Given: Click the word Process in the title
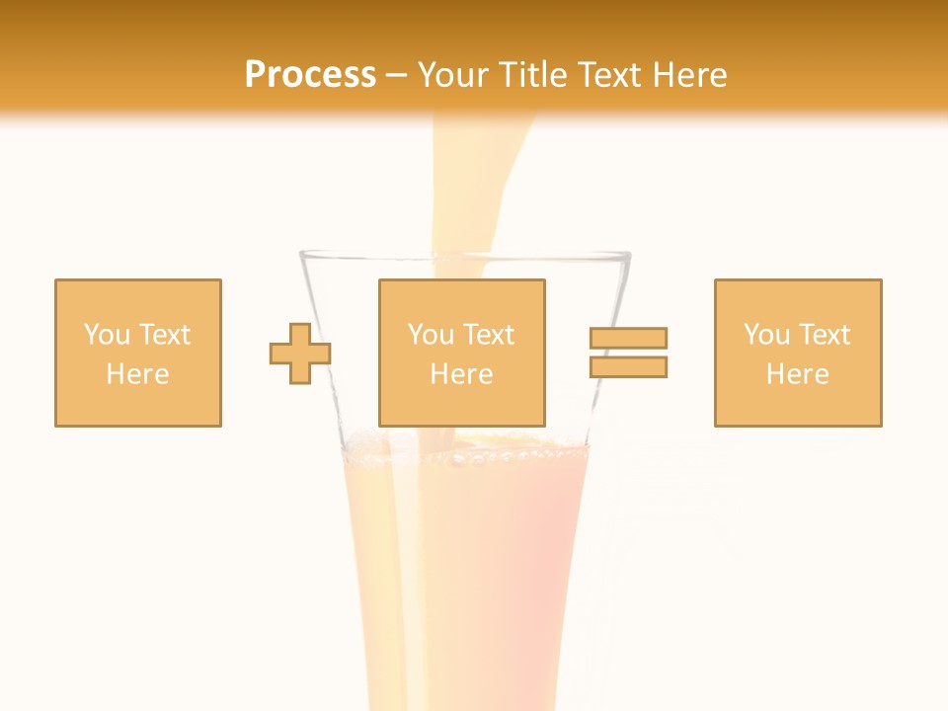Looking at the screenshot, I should tap(310, 75).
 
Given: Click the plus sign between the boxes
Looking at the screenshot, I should tap(300, 353).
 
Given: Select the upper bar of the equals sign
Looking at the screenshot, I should tap(628, 338).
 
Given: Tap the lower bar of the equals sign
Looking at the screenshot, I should tap(628, 366).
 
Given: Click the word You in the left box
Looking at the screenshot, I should tap(106, 335).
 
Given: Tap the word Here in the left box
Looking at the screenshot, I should tap(137, 374).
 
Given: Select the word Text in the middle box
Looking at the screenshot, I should tap(490, 335).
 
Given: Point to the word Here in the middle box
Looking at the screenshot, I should tap(461, 374).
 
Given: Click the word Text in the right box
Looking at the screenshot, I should tap(826, 335).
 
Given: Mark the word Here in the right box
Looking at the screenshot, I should tap(797, 374).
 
